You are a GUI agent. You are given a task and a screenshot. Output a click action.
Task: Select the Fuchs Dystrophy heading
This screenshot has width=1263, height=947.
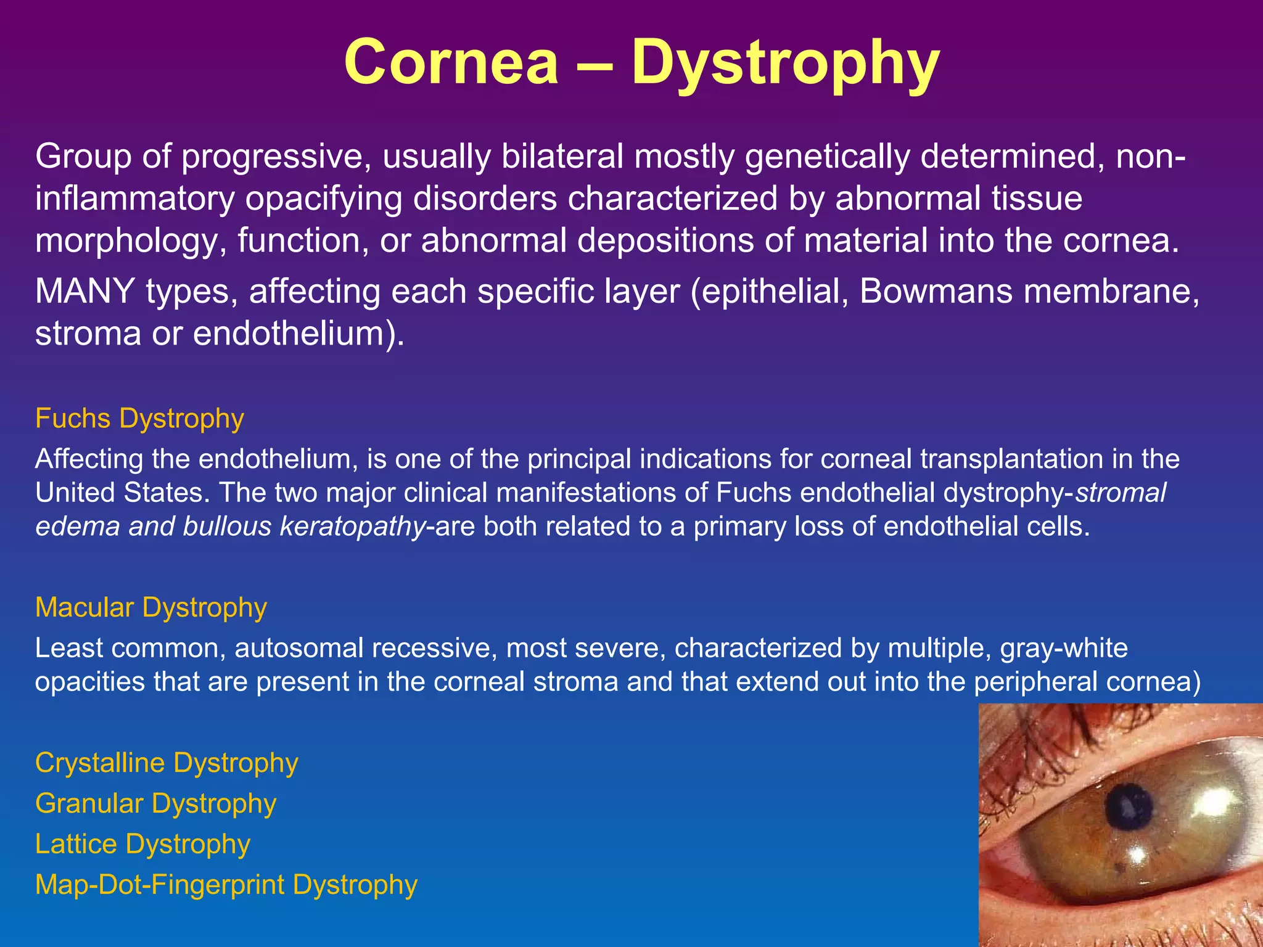coord(139,419)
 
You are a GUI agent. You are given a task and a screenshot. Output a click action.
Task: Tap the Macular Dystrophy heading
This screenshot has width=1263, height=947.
coord(151,608)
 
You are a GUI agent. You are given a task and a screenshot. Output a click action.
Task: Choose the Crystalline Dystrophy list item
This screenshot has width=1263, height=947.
coord(167,763)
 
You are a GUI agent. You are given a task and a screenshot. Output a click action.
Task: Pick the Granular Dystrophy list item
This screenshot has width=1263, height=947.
coord(155,804)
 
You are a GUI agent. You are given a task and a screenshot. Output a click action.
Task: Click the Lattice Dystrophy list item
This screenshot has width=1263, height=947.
coord(142,844)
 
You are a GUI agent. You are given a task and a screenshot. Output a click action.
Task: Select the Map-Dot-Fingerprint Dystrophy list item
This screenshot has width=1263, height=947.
coord(226,885)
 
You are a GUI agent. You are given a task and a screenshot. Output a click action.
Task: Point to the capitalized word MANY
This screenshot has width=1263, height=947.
coord(84,291)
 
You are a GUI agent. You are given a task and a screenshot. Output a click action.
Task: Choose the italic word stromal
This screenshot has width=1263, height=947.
coord(1121,493)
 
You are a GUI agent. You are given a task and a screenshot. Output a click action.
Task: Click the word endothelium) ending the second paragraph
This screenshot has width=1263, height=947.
coord(299,334)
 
